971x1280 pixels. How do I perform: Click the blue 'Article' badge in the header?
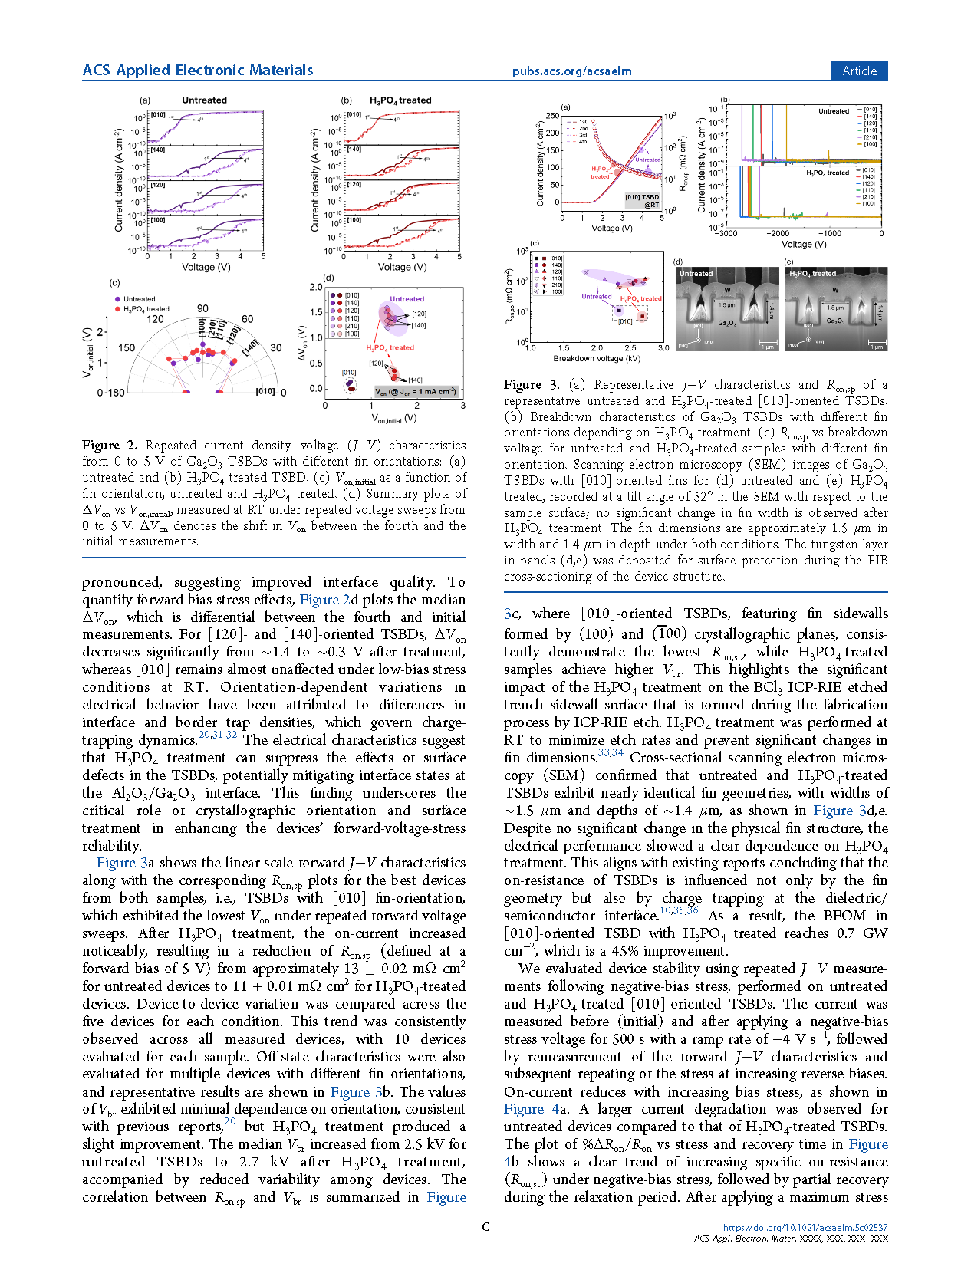[x=859, y=71]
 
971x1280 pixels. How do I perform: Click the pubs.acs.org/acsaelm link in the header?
[x=571, y=71]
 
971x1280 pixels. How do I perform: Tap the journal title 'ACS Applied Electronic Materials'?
[x=198, y=71]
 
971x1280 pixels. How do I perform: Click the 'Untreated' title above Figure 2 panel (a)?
[x=204, y=100]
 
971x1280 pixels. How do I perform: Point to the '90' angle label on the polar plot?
[x=202, y=308]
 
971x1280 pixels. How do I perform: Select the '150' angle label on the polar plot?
[x=127, y=347]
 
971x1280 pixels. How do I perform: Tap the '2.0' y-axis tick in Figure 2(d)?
[x=315, y=288]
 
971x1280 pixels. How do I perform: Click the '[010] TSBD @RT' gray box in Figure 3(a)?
[x=642, y=201]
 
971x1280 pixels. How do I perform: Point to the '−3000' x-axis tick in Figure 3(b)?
[x=722, y=233]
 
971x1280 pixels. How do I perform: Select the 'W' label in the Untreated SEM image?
[x=727, y=291]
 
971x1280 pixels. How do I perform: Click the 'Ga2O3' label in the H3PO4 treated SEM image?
[x=836, y=321]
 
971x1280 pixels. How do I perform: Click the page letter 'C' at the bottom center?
[x=485, y=1227]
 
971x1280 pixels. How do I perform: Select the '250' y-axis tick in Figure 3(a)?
[x=552, y=116]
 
